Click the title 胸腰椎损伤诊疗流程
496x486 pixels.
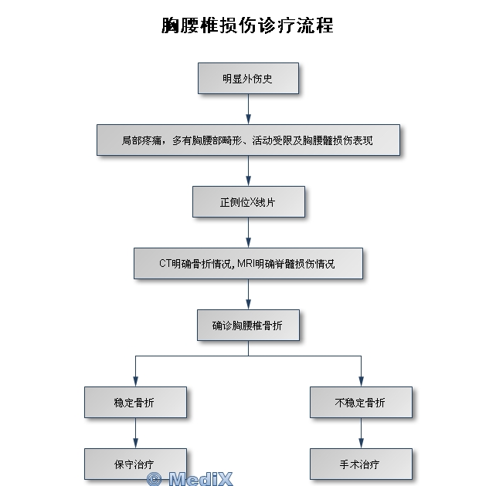point(247,25)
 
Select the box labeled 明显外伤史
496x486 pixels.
point(247,79)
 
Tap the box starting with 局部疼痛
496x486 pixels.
point(247,140)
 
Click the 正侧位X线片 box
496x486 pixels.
point(247,202)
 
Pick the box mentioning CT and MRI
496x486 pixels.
point(247,263)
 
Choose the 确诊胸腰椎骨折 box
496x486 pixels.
point(247,326)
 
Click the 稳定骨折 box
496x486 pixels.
point(135,402)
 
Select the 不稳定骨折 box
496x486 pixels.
point(361,402)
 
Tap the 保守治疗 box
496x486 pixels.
point(135,464)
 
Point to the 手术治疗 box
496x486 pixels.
point(361,464)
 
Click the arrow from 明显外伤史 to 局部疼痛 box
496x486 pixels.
point(248,109)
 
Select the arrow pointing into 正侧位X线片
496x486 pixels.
point(248,170)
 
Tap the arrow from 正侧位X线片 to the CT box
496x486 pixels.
point(248,232)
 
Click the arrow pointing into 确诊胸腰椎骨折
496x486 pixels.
point(248,294)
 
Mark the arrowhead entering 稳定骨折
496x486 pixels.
point(135,381)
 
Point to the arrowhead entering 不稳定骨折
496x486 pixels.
point(361,381)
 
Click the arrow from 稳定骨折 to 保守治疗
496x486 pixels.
point(135,433)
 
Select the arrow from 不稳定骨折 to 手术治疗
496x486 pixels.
point(361,433)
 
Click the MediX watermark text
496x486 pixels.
point(189,478)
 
